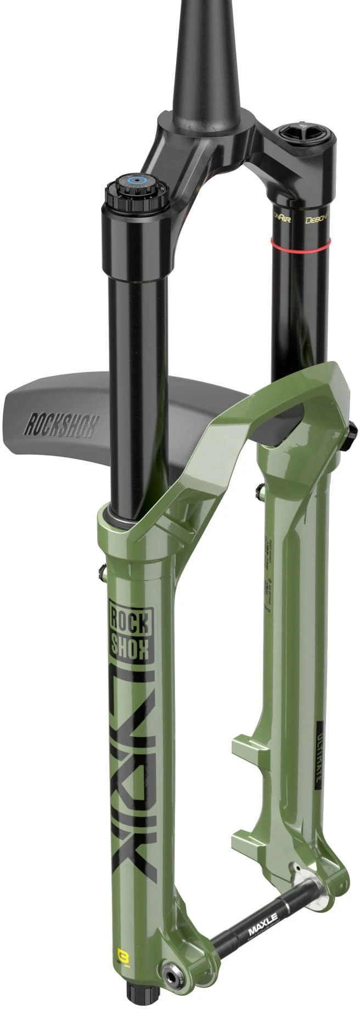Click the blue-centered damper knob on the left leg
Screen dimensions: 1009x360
136,180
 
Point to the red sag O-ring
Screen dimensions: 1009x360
300,242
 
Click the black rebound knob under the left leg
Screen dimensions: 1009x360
137,998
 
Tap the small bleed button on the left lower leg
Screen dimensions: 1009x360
102,574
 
